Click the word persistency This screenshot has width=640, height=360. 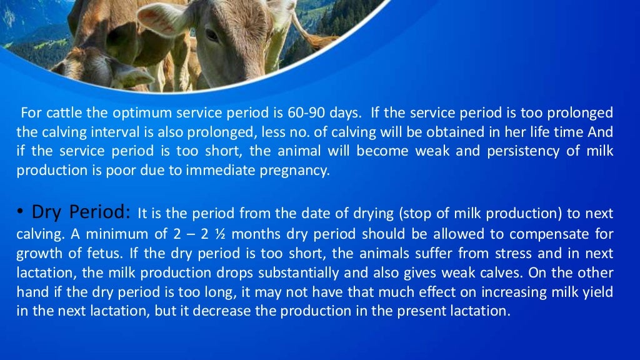tap(504, 152)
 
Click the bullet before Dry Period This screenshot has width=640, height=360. tap(21, 213)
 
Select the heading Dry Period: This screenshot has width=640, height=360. tap(81, 212)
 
